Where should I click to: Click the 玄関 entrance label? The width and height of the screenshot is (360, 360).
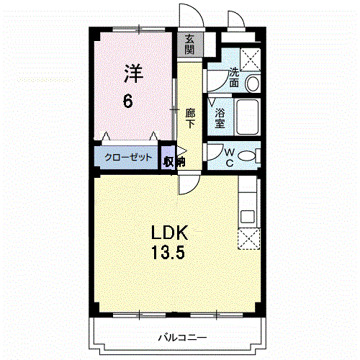click(x=189, y=45)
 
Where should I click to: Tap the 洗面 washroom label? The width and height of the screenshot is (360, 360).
click(x=235, y=77)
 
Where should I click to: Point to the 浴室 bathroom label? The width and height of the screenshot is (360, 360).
click(x=220, y=117)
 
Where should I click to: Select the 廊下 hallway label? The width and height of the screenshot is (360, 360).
click(x=190, y=117)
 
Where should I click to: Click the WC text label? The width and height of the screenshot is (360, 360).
click(x=228, y=156)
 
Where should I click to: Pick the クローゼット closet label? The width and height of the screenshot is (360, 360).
click(x=128, y=158)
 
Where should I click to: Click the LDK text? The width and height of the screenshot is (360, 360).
click(x=169, y=233)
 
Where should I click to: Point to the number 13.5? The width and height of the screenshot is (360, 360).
click(x=169, y=253)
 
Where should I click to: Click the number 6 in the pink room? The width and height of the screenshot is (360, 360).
click(x=127, y=101)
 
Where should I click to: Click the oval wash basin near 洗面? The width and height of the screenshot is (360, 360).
click(x=253, y=85)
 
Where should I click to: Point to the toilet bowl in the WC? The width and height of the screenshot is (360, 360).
click(x=247, y=156)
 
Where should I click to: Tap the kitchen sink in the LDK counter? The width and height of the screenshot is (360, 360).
click(x=248, y=215)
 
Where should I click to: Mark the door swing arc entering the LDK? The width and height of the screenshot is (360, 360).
click(x=189, y=185)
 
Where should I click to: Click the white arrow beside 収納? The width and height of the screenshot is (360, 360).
click(x=181, y=152)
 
